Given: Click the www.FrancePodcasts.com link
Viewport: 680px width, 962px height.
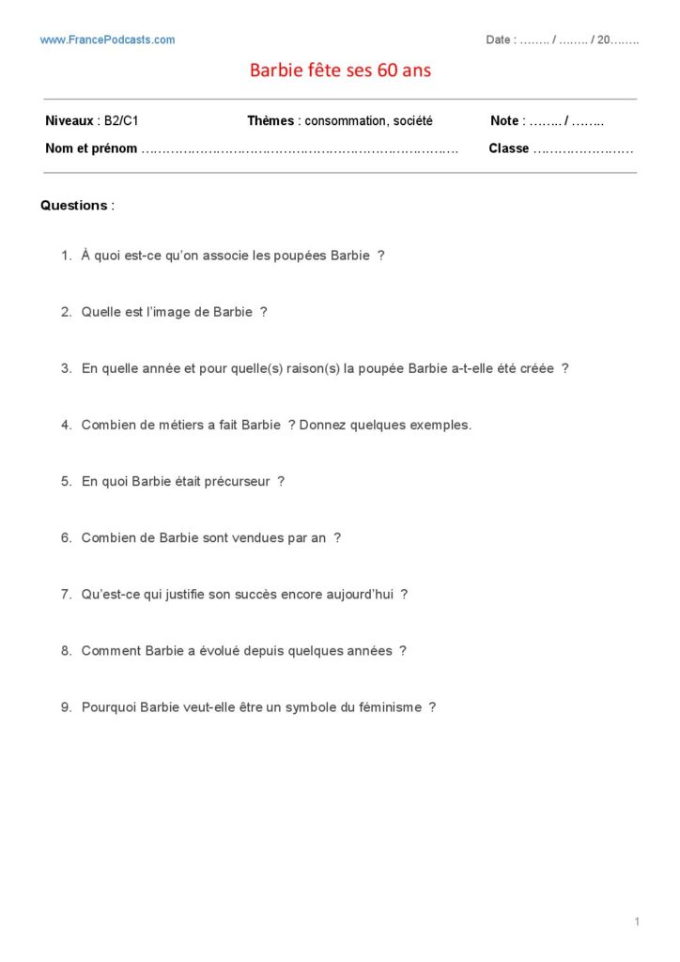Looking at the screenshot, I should [107, 39].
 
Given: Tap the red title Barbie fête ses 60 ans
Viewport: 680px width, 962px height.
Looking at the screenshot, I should [340, 70].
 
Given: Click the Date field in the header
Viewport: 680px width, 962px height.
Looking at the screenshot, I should [562, 39].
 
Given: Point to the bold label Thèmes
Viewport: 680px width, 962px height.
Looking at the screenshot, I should [270, 121].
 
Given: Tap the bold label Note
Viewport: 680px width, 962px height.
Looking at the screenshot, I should [504, 121].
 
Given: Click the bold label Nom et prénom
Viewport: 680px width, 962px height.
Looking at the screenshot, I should [91, 148].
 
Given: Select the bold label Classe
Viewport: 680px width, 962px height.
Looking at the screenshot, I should [508, 148].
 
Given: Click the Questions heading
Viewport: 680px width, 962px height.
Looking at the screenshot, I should [74, 205].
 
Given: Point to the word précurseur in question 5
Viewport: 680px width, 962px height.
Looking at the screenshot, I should [237, 481].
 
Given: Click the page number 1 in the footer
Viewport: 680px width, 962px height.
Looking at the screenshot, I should [636, 922].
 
